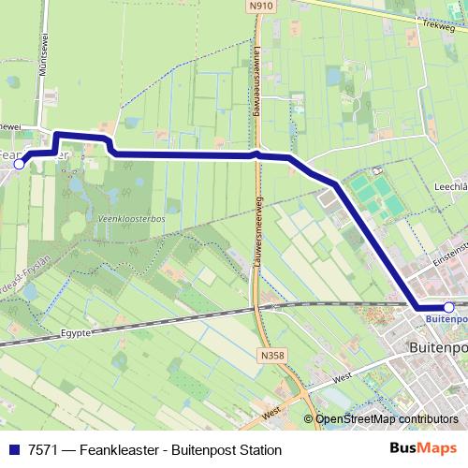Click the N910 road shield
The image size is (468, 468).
(x=260, y=7)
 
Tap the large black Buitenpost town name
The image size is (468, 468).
(x=438, y=347)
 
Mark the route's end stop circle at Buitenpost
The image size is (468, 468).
(x=448, y=307)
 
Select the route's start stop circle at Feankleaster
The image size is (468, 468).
(x=20, y=163)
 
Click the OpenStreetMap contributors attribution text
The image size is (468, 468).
(x=387, y=419)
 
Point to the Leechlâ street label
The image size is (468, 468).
(x=446, y=186)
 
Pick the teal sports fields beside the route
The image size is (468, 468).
(x=371, y=195)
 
